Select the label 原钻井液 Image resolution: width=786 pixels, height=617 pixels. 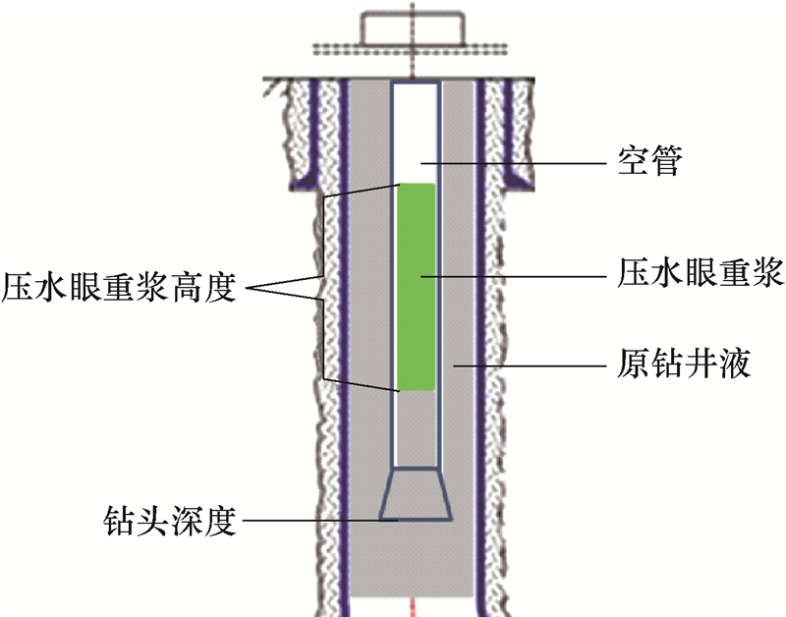tap(687, 365)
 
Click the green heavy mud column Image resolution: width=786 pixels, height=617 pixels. tap(416, 285)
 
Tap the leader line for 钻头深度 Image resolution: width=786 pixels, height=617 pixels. tap(314, 518)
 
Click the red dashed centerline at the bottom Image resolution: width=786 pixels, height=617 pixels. tap(415, 604)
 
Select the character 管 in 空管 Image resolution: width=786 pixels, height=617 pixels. tap(667, 161)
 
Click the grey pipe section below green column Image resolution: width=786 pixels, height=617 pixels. tap(416, 427)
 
